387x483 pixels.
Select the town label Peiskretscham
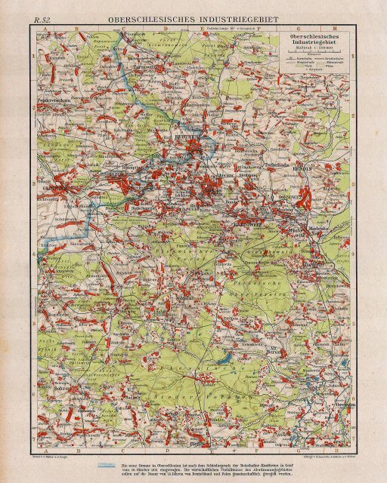pos(51,98)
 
